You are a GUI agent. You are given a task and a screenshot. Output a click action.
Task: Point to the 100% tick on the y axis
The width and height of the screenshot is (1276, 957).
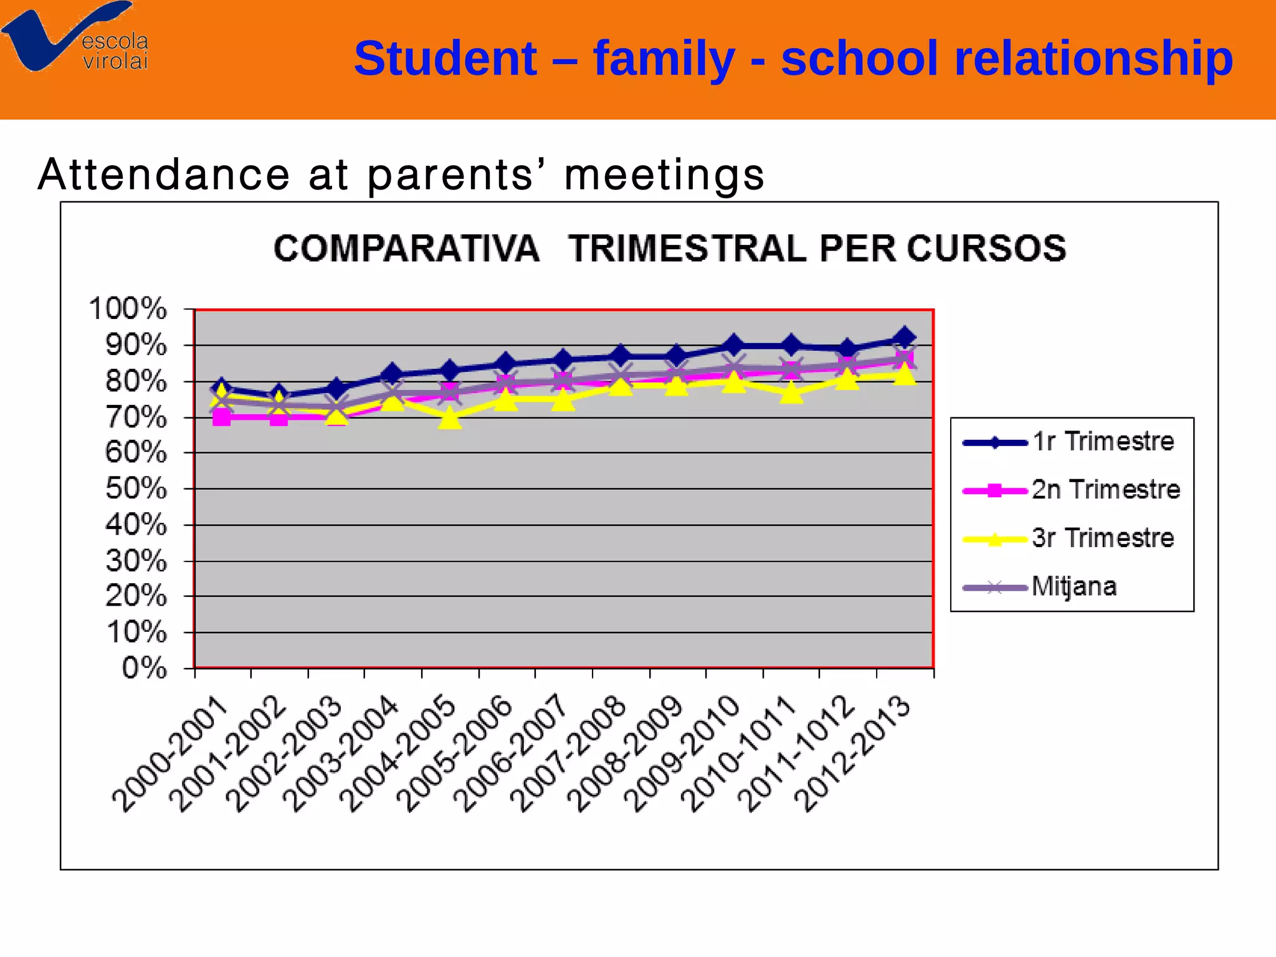coord(128,309)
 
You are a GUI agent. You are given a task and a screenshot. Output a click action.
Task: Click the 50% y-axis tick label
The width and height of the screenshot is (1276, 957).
coord(136,489)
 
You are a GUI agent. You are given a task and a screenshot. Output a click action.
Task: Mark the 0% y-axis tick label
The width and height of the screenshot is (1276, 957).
coord(145,669)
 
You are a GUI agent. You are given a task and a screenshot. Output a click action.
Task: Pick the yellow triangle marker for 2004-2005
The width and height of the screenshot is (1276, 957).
coord(450,418)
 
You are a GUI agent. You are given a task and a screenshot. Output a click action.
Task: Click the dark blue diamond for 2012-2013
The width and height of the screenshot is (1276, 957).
coord(905,338)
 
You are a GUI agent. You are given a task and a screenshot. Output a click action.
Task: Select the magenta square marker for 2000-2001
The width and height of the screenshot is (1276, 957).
coord(221,417)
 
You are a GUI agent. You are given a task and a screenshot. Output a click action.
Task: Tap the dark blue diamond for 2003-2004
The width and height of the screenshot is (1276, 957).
coord(393,374)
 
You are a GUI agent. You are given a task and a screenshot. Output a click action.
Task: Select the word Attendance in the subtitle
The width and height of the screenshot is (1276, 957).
coord(164,174)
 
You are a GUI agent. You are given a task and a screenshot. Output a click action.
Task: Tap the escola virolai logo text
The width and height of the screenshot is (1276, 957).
coord(115,51)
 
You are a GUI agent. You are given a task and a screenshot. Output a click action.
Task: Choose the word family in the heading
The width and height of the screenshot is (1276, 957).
coord(664,59)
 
